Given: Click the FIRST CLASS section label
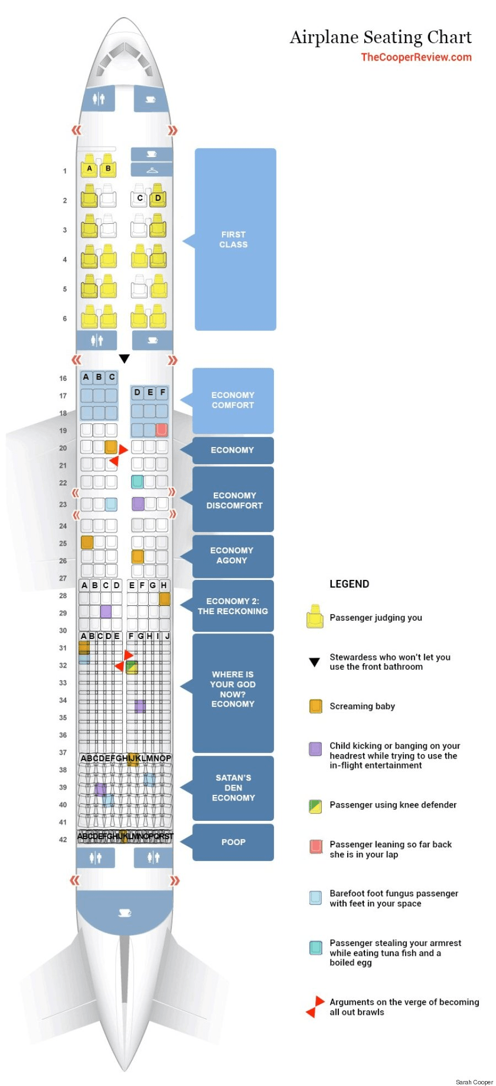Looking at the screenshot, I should point(234,239).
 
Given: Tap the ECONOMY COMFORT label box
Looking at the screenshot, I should point(233,400).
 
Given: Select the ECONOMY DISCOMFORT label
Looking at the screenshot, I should point(234,500).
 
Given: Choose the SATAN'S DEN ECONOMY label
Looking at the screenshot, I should point(233,788).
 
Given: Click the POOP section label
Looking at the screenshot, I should point(233,842).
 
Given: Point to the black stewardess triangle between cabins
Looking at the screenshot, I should point(125,359).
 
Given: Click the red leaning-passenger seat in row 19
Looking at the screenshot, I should point(161,429).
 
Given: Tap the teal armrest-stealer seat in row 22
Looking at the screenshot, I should point(137,481).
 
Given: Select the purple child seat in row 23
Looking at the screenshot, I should point(138,503).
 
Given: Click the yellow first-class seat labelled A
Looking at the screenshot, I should point(89,168).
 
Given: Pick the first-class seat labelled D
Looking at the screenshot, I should point(158,198).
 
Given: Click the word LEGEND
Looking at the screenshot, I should point(349,584).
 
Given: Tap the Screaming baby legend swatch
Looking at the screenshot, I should point(315,706).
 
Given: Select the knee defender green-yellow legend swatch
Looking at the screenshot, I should point(315,805).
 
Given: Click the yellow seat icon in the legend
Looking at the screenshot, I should point(315,617).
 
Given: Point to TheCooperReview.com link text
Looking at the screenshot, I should point(416,57).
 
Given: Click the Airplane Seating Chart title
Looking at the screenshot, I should point(380,37).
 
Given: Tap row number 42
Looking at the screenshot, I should point(63,840).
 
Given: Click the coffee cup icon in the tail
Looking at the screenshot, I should point(125,913).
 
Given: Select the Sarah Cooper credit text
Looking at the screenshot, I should point(474,1082).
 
